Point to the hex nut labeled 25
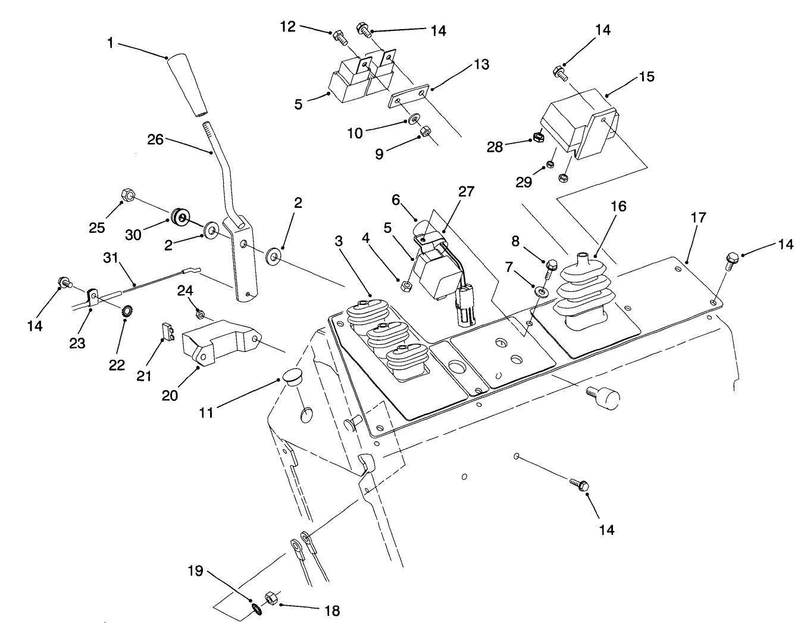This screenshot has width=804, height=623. [x=127, y=194]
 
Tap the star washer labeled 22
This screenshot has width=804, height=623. [x=126, y=310]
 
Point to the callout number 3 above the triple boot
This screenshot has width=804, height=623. [x=339, y=241]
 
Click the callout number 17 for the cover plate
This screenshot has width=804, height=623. [x=699, y=217]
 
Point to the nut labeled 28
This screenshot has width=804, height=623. [x=537, y=138]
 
